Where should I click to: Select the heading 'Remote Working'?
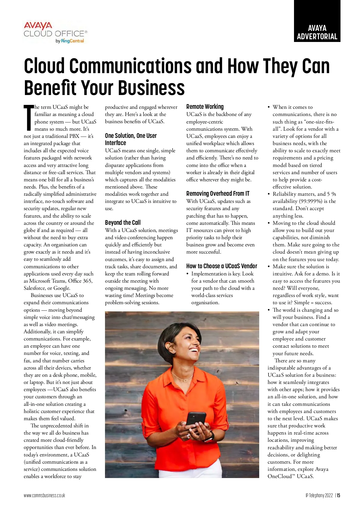coord(205,107)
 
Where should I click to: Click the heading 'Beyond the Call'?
coord(123,222)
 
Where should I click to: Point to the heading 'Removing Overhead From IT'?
coord(218,194)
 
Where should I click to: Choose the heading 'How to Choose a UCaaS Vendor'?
coord(222,266)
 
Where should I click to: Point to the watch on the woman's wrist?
coord(209,436)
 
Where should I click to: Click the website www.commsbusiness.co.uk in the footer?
coord(44,495)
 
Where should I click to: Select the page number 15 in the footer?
coord(338,495)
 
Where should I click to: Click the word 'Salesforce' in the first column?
coord(36,288)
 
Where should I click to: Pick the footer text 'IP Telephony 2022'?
coord(319,495)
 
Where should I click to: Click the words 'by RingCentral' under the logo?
coord(70,41)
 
